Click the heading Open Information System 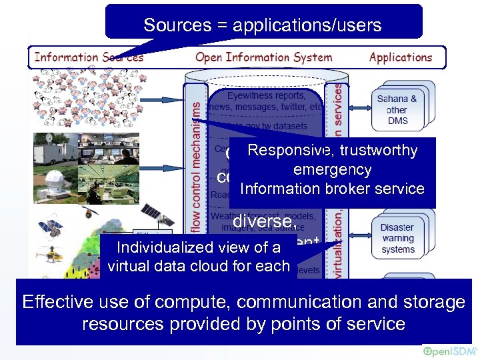click(x=264, y=57)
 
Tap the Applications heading click(x=401, y=57)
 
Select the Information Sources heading click(x=89, y=57)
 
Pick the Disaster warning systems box click(x=397, y=238)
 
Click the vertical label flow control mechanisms click(x=195, y=167)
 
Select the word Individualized click(x=158, y=247)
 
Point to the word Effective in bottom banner click(x=57, y=302)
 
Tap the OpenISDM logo click(x=448, y=351)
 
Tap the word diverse click(x=263, y=220)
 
